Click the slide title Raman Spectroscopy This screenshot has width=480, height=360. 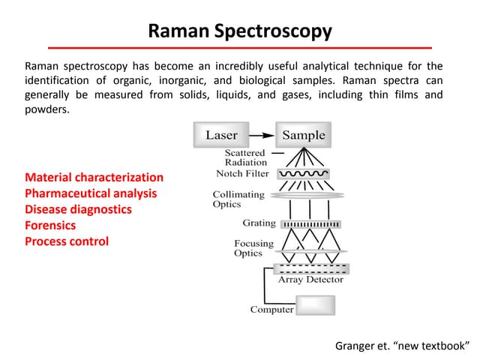pos(240,31)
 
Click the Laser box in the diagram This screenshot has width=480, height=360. pos(221,135)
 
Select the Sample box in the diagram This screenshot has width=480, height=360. pos(303,135)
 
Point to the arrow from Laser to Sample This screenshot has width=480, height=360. pos(261,135)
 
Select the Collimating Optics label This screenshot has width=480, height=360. pos(238,199)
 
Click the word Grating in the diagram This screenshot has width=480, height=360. pos(259,223)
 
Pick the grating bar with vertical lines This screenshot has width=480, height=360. pos(310,223)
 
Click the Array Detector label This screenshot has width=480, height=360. pos(310,280)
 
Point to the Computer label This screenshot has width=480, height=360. pos(271,310)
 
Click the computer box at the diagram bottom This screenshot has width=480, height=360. pos(316,305)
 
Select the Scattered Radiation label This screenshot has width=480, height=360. pos(245,157)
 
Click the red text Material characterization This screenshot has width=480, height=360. pos(94,178)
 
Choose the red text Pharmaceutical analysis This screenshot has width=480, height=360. pos(91,193)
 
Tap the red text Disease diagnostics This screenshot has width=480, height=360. pos(78,209)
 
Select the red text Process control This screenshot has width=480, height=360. pos(67,241)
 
